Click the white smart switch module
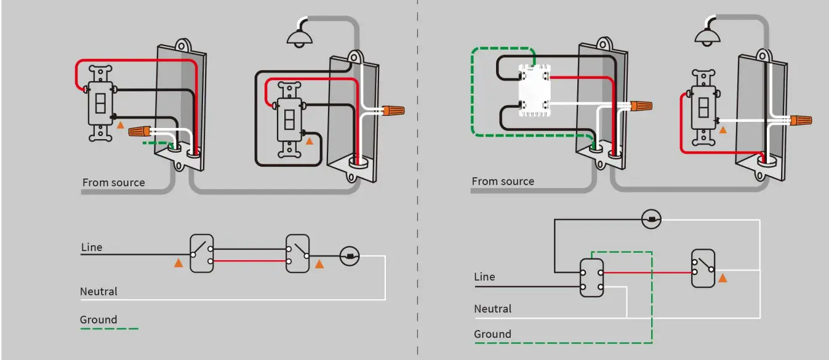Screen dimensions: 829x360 534,90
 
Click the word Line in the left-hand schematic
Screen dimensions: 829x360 92,247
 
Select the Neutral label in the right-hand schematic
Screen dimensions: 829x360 492,308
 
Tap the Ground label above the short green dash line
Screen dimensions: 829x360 98,319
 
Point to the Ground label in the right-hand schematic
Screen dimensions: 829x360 492,334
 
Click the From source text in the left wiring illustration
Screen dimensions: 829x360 114,182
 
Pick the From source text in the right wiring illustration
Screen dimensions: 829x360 503,182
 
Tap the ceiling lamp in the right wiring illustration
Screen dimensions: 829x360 707,36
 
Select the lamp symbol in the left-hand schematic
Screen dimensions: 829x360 350,255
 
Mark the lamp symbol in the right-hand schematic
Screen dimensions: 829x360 651,220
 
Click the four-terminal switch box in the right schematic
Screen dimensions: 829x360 591,278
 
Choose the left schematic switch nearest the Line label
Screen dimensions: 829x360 202,254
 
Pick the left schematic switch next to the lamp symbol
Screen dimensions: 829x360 297,254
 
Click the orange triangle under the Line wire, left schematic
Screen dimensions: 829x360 178,263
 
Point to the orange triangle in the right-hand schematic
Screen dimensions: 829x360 723,278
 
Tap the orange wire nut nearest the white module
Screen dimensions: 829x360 641,106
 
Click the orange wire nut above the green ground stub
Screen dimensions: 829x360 140,131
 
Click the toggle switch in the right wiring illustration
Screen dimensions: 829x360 703,108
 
